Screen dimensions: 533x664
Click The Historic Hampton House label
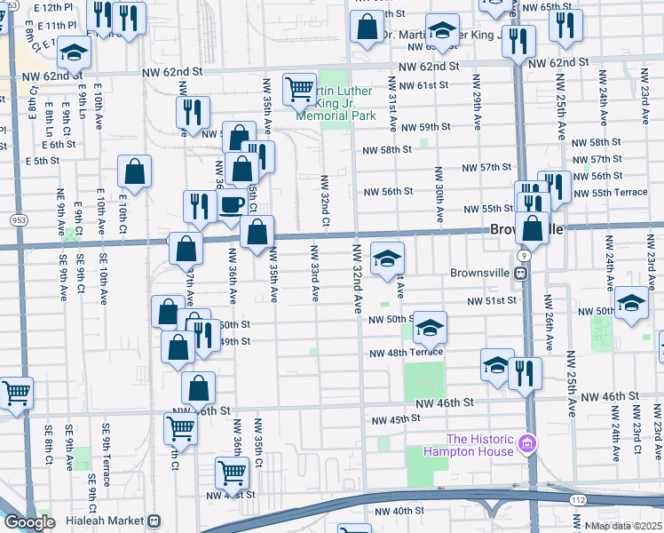click(480, 445)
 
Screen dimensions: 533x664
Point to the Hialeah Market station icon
click(154, 521)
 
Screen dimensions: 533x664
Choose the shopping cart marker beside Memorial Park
click(299, 89)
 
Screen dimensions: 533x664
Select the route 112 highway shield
click(578, 501)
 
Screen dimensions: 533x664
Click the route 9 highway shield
click(526, 256)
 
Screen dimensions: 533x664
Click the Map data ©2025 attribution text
click(627, 526)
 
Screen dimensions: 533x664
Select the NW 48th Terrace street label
click(407, 353)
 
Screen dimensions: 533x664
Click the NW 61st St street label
click(424, 85)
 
